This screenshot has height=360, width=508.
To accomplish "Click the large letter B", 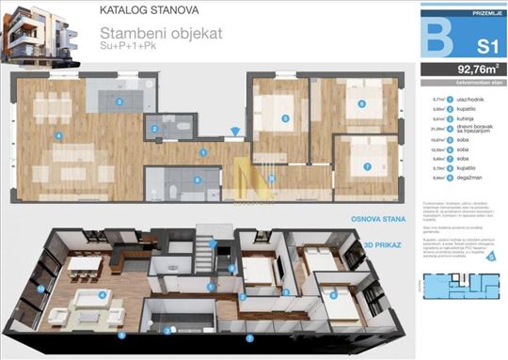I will (434, 37).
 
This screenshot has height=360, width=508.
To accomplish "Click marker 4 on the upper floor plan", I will (59, 135).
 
